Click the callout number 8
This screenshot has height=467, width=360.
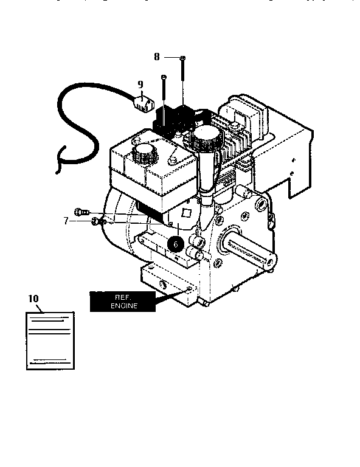pos(156,57)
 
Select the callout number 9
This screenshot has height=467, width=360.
pos(140,85)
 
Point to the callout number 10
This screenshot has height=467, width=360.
pos(33,298)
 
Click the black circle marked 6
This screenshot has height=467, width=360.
pos(175,244)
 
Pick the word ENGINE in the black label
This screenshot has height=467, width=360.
pos(123,306)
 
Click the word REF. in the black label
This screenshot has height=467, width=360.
pos(123,297)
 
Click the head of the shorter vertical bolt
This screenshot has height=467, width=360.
pos(164,77)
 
